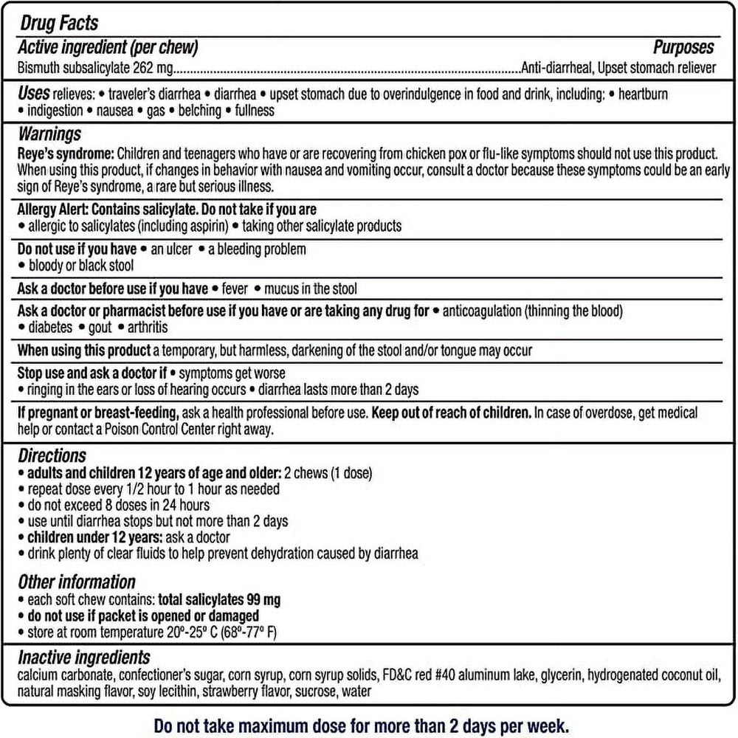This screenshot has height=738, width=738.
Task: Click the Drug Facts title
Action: [59, 24]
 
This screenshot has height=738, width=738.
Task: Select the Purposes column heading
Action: [683, 48]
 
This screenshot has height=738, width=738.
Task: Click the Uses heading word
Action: [34, 94]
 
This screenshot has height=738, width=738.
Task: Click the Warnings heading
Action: [49, 134]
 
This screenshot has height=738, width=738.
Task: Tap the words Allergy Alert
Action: [49, 210]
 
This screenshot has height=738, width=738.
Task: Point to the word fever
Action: [235, 289]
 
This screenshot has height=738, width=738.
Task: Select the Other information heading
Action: [77, 582]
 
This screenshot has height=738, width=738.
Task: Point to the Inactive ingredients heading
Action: [84, 657]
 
